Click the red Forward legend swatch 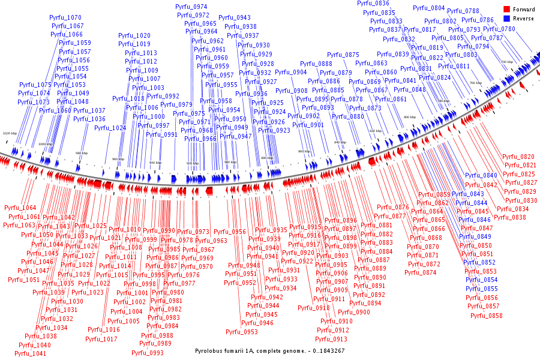point(506,10)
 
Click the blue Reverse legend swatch point(506,19)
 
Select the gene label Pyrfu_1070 point(65,18)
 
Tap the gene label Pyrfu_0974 point(191,7)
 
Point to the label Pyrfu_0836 point(373,4)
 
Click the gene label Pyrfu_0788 point(463,11)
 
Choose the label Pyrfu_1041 point(31,354)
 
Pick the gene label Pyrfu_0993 point(148,353)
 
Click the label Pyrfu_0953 point(242,332)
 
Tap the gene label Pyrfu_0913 point(332,339)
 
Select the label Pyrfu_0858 point(487,316)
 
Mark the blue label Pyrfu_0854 point(482,280)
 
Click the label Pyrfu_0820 point(518,157)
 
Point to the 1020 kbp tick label point(10,133)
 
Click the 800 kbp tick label point(410,118)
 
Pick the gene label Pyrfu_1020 point(134,36)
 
